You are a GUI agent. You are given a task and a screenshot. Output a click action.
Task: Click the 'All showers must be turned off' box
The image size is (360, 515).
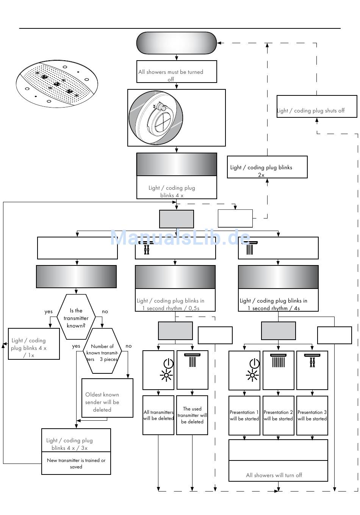(177, 72)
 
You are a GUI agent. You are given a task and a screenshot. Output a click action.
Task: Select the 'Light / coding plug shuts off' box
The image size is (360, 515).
(316, 106)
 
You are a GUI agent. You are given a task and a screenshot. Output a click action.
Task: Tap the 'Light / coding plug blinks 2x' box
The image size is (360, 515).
(267, 167)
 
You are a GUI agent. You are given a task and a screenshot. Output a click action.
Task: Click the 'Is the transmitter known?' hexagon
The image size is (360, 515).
(76, 317)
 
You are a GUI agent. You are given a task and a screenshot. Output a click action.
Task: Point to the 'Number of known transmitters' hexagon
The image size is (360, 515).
(102, 351)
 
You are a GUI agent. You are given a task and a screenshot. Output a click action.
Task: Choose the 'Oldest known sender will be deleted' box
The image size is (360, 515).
(107, 398)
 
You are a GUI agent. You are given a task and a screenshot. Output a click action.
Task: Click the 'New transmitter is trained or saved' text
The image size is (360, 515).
(76, 463)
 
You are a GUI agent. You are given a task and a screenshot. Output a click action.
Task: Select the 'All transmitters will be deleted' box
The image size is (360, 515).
(158, 415)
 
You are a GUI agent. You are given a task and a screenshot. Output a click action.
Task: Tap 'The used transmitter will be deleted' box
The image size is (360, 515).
(192, 415)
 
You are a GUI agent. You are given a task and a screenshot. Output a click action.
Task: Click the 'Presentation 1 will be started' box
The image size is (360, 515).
(244, 415)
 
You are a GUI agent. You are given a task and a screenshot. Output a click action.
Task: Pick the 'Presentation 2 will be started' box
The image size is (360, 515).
(279, 415)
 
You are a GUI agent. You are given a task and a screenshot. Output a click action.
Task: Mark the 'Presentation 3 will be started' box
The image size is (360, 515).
(312, 415)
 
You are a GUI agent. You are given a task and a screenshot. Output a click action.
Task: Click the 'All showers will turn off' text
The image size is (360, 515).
(274, 475)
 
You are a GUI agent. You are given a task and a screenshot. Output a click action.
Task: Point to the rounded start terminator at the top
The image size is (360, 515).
(177, 43)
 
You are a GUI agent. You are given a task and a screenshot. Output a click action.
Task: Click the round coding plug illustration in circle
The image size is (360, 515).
(156, 117)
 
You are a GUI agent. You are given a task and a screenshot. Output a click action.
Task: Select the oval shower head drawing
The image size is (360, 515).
(57, 84)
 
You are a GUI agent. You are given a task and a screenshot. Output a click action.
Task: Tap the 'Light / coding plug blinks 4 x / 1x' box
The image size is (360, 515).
(34, 344)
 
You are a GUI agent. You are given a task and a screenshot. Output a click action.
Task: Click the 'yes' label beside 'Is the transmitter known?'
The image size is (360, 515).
(48, 312)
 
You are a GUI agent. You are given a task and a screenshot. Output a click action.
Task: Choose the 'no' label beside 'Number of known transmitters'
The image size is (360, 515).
(128, 346)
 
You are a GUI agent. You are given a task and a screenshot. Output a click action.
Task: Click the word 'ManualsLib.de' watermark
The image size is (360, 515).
(180, 237)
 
